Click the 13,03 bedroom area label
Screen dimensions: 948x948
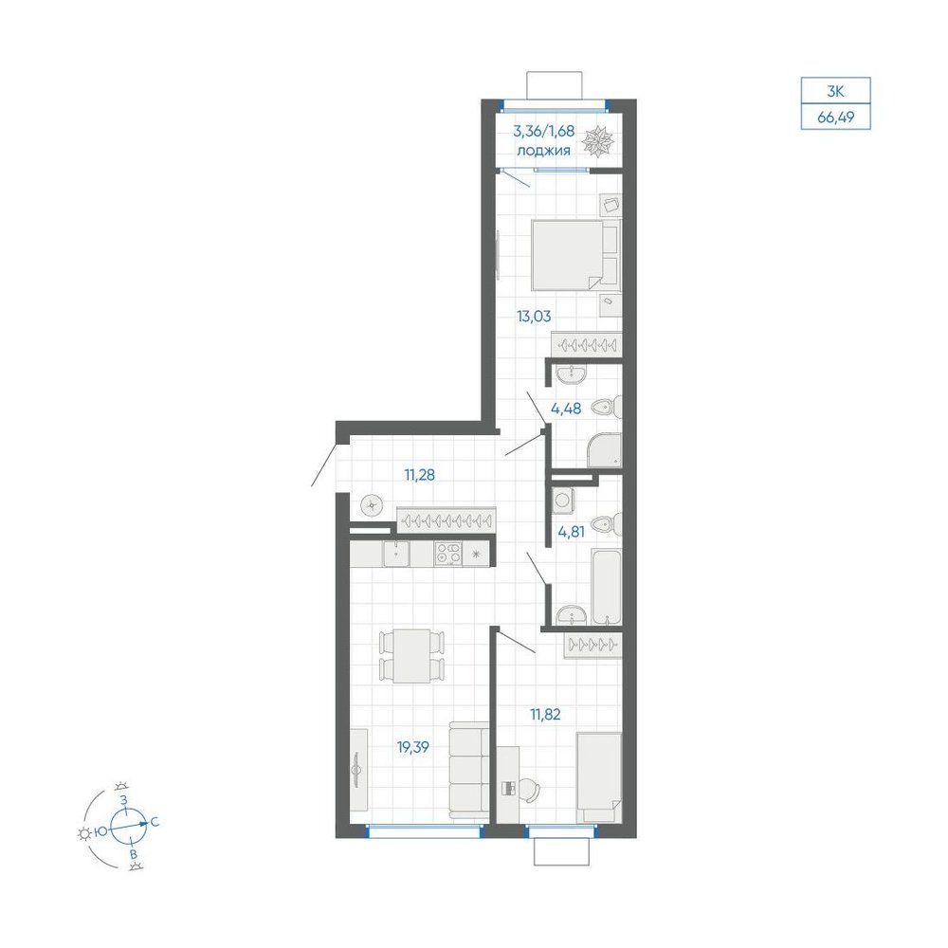[533, 316]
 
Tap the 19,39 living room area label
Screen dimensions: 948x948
[413, 747]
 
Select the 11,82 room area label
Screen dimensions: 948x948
[545, 715]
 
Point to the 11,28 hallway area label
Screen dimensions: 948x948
[420, 475]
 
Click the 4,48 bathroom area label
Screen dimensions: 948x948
[566, 409]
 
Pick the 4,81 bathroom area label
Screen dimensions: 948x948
[572, 532]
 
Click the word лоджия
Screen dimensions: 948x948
[543, 151]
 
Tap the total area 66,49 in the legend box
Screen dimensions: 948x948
[835, 118]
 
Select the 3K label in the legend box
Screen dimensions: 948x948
[835, 92]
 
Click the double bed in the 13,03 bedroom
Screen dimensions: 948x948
[575, 254]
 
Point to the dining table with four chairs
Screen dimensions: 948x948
[411, 656]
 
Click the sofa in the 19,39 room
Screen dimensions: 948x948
[469, 772]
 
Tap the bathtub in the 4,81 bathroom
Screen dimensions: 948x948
[607, 587]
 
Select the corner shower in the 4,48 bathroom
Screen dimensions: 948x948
[604, 450]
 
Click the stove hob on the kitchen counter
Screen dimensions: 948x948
[448, 554]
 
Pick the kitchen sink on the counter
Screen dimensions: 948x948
[396, 554]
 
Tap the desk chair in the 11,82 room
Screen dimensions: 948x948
[528, 790]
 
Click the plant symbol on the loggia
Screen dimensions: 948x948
[598, 141]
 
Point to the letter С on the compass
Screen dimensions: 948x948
[155, 822]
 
